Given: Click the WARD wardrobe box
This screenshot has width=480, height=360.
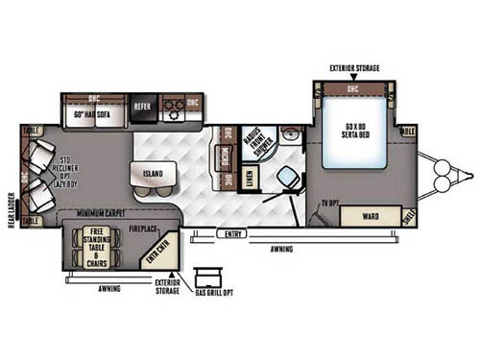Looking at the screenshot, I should [x=369, y=216].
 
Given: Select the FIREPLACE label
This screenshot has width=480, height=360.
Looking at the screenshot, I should [x=146, y=230].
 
